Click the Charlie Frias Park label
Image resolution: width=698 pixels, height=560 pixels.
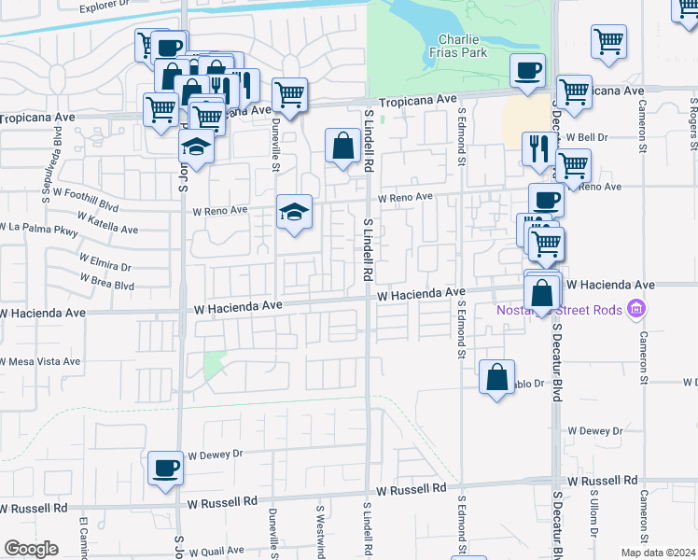(463, 46)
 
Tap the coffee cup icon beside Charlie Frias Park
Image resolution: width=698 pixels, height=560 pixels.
(527, 71)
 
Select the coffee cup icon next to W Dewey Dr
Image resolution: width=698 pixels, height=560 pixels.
(166, 468)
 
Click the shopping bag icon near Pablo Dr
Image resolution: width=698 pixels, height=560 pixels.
(496, 377)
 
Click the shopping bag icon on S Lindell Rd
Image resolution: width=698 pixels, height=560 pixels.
(343, 146)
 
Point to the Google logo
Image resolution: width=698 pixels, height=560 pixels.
(30, 549)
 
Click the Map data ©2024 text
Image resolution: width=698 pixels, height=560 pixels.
(657, 553)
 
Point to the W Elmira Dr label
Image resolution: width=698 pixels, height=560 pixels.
(105, 262)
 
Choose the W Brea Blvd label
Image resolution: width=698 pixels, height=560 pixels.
(108, 280)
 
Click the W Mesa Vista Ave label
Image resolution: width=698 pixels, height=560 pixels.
(41, 361)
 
